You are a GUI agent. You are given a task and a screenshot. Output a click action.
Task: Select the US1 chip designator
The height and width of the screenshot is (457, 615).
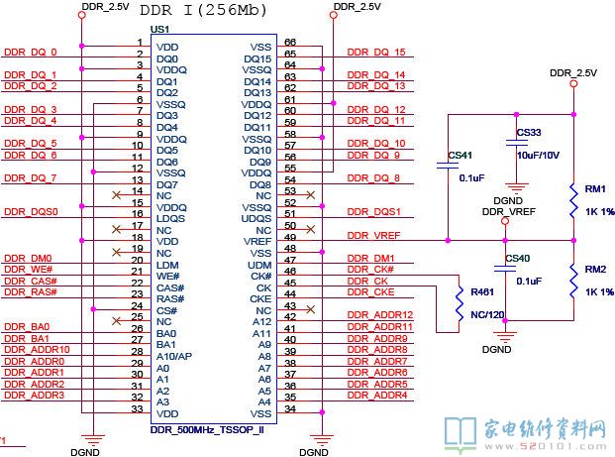tap(159, 30)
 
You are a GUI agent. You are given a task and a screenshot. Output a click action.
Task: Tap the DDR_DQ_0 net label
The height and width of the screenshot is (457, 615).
tap(31, 53)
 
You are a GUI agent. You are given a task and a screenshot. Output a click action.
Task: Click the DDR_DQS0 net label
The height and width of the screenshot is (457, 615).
tap(31, 212)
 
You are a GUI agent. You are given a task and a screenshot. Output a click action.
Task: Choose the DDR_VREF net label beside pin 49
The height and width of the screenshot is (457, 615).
tap(374, 235)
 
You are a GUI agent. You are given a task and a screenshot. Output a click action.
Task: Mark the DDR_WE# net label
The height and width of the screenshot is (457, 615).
tap(28, 270)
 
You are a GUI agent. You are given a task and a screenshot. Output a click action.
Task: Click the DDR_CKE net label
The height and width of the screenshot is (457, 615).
tap(370, 292)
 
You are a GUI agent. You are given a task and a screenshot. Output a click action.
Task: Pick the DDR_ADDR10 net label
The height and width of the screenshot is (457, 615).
tap(37, 350)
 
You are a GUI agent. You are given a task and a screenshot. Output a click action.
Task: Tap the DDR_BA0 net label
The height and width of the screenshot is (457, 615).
tap(27, 327)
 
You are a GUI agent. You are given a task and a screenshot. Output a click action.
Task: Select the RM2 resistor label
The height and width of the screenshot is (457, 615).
tap(595, 270)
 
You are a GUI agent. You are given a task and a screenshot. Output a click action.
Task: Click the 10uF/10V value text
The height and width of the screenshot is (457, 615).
tap(539, 155)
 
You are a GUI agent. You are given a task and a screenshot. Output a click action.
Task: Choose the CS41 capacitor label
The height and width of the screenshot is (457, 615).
tap(460, 156)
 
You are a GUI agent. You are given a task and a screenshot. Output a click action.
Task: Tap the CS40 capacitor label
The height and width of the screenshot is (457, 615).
tap(517, 260)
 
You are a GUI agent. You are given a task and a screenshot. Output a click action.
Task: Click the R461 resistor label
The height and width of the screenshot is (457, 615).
tap(482, 292)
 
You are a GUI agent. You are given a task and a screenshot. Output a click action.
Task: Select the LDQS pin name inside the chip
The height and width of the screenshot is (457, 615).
tap(170, 218)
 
